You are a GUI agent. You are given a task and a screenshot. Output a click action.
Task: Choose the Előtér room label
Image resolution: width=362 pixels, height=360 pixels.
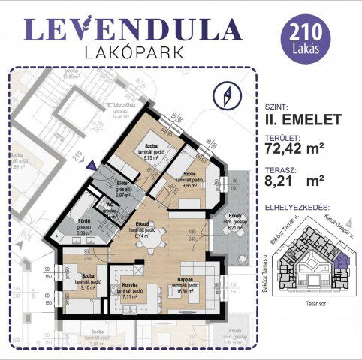coord(123,187)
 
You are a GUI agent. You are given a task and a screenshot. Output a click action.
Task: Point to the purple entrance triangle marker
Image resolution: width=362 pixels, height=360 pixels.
coord(90,166)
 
